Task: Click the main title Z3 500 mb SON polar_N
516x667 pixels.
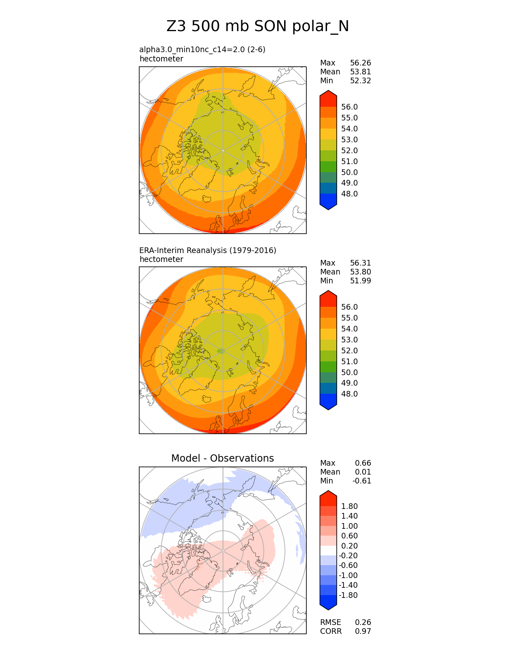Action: pyautogui.click(x=257, y=26)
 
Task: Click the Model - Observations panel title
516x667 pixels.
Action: pyautogui.click(x=222, y=458)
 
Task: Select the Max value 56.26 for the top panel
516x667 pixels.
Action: pyautogui.click(x=360, y=63)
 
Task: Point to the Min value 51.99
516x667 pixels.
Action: pyautogui.click(x=360, y=281)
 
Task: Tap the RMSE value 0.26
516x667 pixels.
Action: pyautogui.click(x=363, y=623)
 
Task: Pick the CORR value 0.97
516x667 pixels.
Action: pyautogui.click(x=363, y=631)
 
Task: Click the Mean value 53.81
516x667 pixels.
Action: pyautogui.click(x=360, y=72)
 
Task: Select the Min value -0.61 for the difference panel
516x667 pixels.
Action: pyautogui.click(x=361, y=481)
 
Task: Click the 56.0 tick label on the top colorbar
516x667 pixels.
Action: pyautogui.click(x=349, y=107)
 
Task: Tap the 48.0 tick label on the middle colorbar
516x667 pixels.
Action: pyautogui.click(x=349, y=394)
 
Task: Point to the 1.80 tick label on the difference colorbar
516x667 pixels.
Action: pyautogui.click(x=349, y=507)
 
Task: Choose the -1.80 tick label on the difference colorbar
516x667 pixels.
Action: pyautogui.click(x=348, y=595)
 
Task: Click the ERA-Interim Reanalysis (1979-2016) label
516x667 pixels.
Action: pyautogui.click(x=208, y=251)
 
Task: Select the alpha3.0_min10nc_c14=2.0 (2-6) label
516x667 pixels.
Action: pyautogui.click(x=202, y=50)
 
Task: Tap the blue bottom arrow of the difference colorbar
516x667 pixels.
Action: pyautogui.click(x=328, y=603)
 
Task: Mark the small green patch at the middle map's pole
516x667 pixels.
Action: pyautogui.click(x=221, y=351)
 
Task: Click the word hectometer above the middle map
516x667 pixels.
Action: pyautogui.click(x=161, y=260)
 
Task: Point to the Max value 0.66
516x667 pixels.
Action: pyautogui.click(x=363, y=463)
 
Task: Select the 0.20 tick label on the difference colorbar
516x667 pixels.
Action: pyautogui.click(x=349, y=546)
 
